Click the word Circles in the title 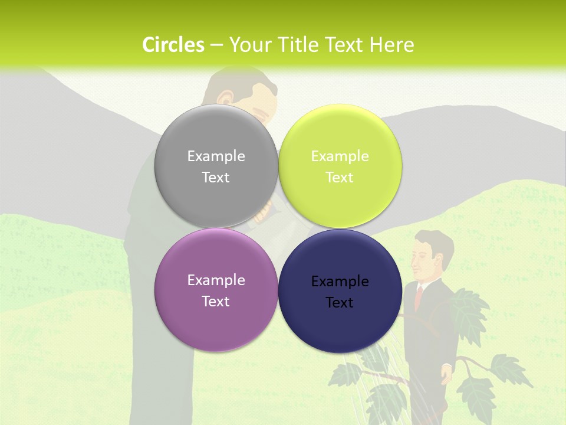173,45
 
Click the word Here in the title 392,45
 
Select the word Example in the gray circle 216,156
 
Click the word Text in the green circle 340,178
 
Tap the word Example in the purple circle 216,280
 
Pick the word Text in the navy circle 340,303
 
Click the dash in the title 216,45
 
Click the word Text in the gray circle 216,178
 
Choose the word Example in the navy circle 340,282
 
